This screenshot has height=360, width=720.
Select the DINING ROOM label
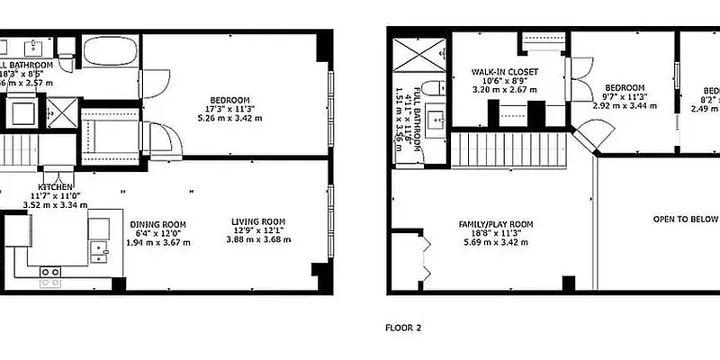157,225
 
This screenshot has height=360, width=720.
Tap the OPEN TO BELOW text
685,219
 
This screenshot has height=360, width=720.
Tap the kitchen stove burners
50,272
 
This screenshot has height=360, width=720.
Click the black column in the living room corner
317,270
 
